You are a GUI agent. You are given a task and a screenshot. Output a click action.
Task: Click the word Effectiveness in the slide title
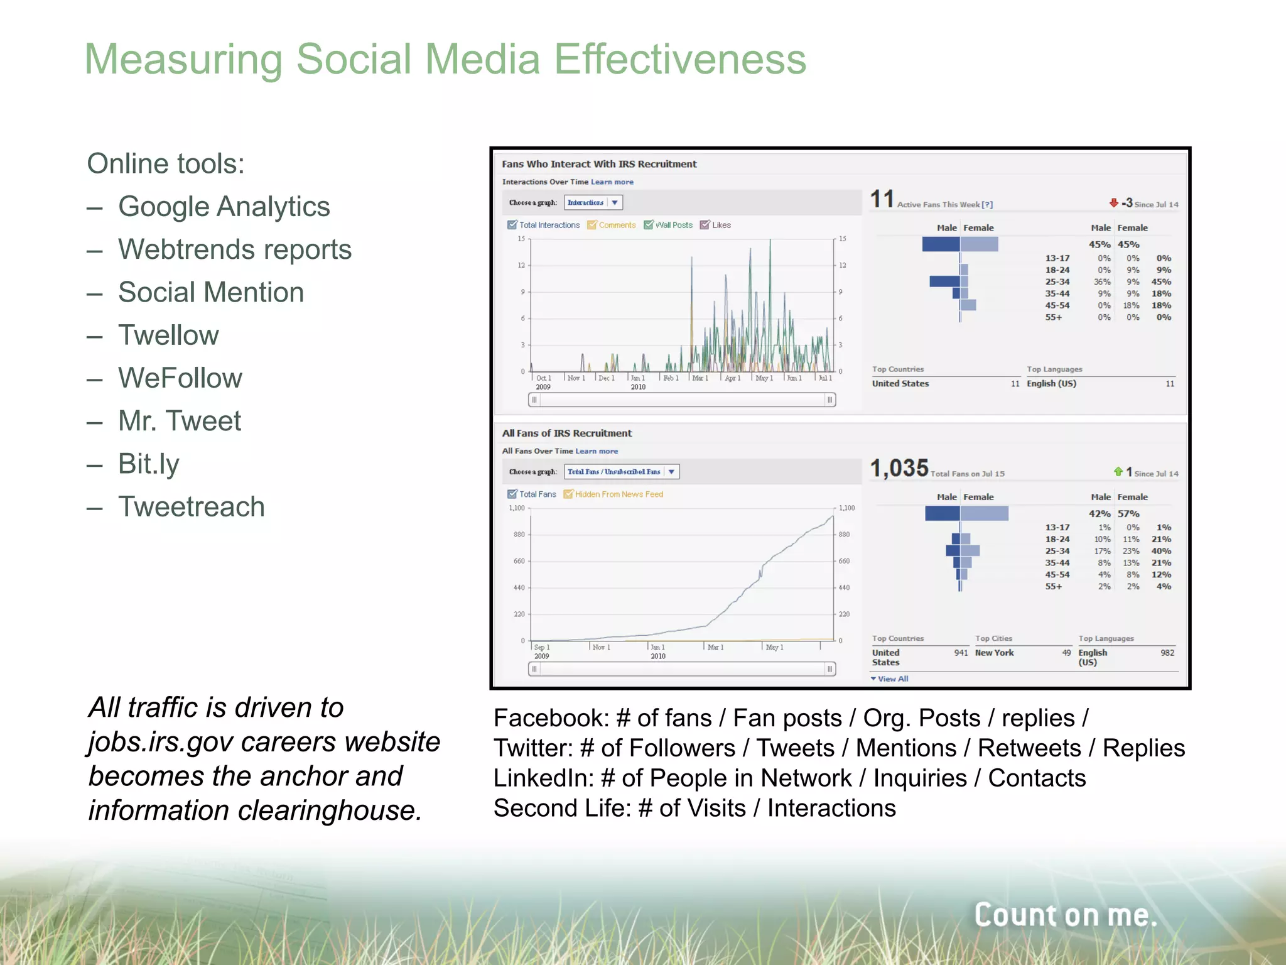point(679,60)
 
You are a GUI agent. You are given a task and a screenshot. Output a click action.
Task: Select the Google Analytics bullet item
point(224,207)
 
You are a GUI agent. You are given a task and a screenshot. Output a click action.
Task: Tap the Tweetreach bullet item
point(191,507)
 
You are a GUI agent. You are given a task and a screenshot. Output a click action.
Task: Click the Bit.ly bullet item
point(149,464)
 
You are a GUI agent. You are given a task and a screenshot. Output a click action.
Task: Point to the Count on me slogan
point(1065,915)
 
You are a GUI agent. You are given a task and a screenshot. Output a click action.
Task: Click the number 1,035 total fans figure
point(899,469)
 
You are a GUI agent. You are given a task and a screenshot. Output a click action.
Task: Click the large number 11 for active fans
point(882,200)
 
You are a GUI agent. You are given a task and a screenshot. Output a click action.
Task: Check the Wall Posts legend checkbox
point(649,225)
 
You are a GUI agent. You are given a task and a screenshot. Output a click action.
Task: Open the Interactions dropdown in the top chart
point(593,202)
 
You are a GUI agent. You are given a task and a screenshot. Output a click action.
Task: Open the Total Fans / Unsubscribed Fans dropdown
point(622,472)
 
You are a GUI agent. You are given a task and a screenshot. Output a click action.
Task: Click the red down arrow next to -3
point(1113,203)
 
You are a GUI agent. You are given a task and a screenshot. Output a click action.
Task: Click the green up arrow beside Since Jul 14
point(1118,472)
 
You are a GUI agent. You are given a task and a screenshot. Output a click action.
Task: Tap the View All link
point(892,679)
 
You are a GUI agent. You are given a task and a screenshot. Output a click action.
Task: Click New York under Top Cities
point(994,653)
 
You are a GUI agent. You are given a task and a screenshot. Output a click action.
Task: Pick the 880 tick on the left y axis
point(519,535)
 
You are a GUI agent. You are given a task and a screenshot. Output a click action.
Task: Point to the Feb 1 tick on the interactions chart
point(671,378)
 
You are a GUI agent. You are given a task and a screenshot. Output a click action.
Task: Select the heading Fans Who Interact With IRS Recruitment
point(599,164)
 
